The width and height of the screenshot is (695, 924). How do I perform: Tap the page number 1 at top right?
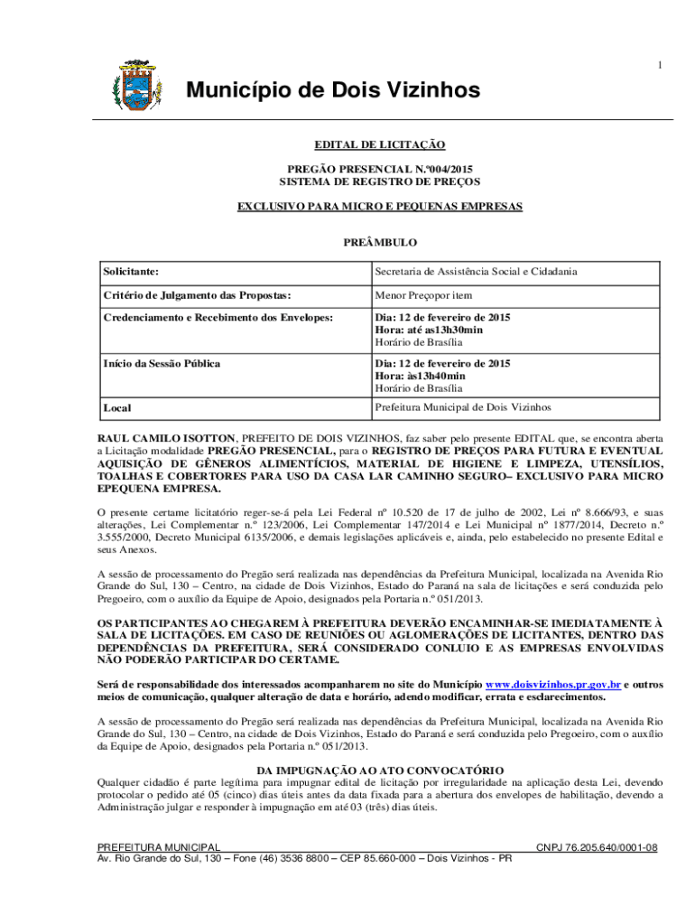click(x=661, y=65)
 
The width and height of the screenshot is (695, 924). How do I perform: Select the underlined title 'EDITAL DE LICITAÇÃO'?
click(x=379, y=144)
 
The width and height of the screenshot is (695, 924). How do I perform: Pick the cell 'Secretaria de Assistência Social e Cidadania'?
click(x=477, y=271)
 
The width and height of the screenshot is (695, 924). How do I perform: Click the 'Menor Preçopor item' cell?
click(x=423, y=295)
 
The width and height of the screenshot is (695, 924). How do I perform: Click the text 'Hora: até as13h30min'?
click(x=429, y=330)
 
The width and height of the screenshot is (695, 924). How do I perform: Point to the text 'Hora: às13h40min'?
click(x=421, y=375)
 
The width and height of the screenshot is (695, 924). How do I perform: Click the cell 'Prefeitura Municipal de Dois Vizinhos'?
click(x=463, y=407)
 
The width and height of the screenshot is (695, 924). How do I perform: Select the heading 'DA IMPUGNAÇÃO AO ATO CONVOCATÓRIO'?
click(x=379, y=770)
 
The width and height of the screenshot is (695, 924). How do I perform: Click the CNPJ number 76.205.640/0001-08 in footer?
click(x=597, y=847)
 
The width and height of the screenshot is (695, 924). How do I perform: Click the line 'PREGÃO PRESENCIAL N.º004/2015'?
click(x=379, y=169)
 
